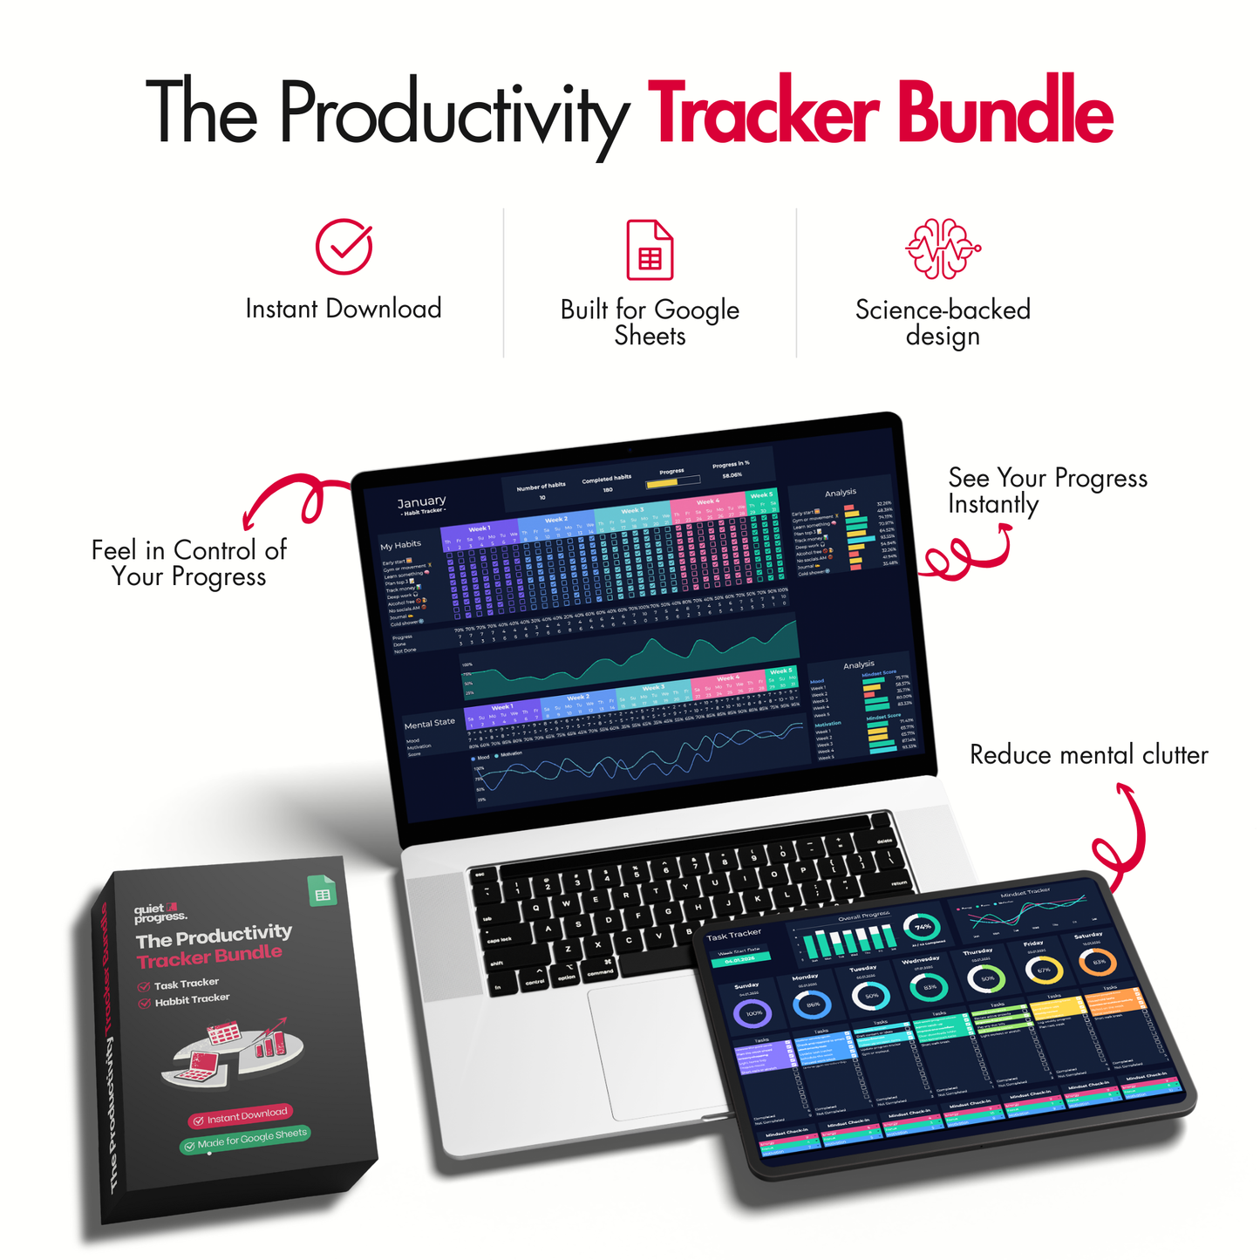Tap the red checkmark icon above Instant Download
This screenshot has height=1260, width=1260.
pyautogui.click(x=344, y=247)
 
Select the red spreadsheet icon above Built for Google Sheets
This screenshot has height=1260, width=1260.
pyautogui.click(x=650, y=250)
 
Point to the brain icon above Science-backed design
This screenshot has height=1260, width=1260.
pyautogui.click(x=943, y=249)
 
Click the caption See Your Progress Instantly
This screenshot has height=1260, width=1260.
pyautogui.click(x=1046, y=491)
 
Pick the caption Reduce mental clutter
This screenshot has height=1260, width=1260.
pyautogui.click(x=1088, y=755)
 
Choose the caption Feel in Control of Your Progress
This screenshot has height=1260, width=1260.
pyautogui.click(x=188, y=563)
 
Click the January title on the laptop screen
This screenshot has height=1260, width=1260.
pyautogui.click(x=421, y=502)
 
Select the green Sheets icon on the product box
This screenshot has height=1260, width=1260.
pyautogui.click(x=323, y=891)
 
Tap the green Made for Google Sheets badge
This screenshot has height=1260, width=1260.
pyautogui.click(x=245, y=1139)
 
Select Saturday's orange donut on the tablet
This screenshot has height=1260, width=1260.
pyautogui.click(x=1098, y=963)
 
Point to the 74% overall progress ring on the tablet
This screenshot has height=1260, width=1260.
pyautogui.click(x=922, y=927)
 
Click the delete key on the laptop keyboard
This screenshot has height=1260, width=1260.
pyautogui.click(x=882, y=841)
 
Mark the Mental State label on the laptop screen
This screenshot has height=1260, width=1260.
pyautogui.click(x=429, y=724)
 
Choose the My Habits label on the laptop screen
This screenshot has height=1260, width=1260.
pyautogui.click(x=400, y=545)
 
